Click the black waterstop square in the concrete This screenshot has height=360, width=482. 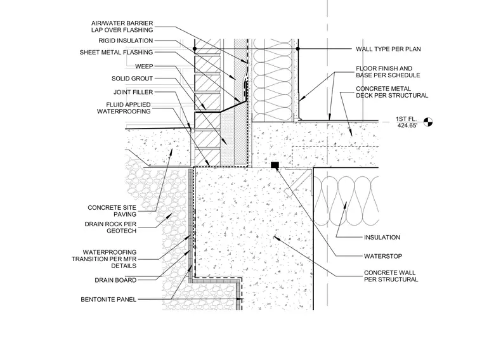point(275,165)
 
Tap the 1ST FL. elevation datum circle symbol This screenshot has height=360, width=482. point(428,122)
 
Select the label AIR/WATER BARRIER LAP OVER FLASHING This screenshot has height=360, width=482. point(122,27)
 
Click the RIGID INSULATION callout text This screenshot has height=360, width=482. point(126,41)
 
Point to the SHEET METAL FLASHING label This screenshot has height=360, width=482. point(116,52)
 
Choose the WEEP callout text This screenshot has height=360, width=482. point(144,67)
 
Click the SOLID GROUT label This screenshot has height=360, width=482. point(132,79)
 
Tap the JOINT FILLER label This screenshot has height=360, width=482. point(133,92)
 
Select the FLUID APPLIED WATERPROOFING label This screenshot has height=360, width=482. point(124,108)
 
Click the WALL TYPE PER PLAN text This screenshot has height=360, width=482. point(388,49)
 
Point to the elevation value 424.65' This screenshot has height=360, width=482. point(407,125)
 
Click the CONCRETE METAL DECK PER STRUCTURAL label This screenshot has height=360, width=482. point(392,92)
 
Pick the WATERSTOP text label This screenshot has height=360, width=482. point(383,256)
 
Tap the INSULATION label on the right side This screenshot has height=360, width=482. point(382,238)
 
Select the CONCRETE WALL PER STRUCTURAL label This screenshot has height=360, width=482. point(391,276)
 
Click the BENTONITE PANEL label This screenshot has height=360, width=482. point(108,300)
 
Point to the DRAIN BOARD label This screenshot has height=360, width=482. point(115,280)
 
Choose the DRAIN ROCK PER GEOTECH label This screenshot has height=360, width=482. point(110,228)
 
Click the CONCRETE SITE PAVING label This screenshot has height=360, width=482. point(112,211)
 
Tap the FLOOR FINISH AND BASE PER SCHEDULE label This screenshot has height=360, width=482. point(388,72)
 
